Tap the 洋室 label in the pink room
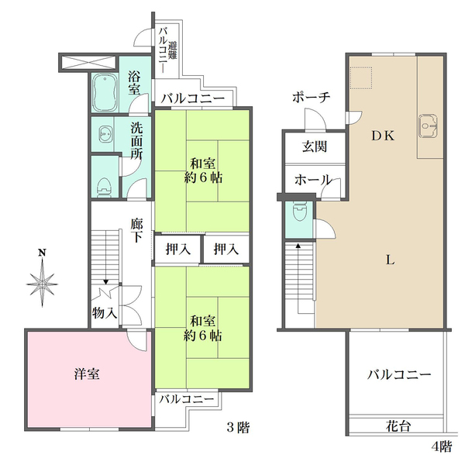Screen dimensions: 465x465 click(x=86, y=374)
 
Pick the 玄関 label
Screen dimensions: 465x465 click(x=313, y=146)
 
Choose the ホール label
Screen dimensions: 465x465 click(x=312, y=180)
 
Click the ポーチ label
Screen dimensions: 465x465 click(x=311, y=97)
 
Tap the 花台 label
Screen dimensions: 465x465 click(x=398, y=425)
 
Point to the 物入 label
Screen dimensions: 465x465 click(x=104, y=313)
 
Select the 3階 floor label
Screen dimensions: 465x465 click(x=237, y=428)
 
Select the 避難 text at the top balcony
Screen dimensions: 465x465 click(x=172, y=51)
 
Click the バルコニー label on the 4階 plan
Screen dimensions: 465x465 click(x=398, y=374)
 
